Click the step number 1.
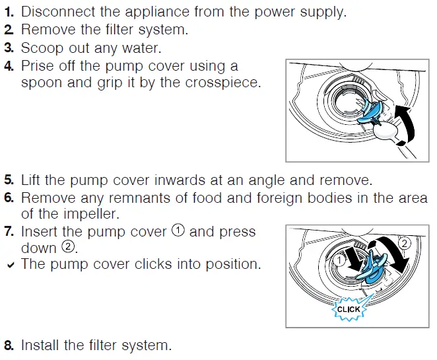(9, 12)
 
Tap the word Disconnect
(55, 12)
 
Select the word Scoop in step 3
(40, 48)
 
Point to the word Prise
(37, 65)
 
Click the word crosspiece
(224, 83)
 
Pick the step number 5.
(9, 180)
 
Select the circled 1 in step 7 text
(178, 231)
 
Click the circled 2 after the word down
(68, 248)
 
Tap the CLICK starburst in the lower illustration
(348, 308)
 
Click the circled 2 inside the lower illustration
(405, 243)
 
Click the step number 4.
(9, 65)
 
